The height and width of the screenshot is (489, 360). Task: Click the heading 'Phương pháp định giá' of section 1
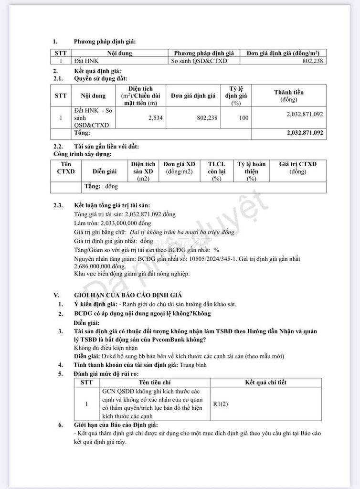point(101,42)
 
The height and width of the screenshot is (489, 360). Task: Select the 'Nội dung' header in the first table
point(119,53)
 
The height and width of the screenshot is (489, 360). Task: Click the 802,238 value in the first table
point(313,62)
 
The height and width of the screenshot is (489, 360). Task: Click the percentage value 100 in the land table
point(244,117)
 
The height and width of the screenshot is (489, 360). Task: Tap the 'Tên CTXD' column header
point(66,168)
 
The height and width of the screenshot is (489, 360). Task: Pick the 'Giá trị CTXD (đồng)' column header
point(297,168)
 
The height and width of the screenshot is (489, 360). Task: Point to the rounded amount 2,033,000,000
point(125,223)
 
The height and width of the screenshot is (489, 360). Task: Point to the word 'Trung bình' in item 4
point(193,365)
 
